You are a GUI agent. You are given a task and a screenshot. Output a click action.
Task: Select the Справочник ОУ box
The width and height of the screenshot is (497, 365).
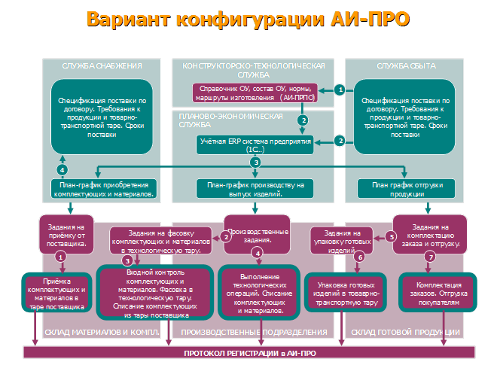[255, 93]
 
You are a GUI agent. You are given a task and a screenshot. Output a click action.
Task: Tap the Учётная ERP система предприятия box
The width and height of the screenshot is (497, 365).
[256, 144]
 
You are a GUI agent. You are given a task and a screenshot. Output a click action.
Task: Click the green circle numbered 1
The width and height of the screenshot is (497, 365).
[340, 90]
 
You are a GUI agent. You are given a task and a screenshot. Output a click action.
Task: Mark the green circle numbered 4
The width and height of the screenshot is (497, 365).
[62, 169]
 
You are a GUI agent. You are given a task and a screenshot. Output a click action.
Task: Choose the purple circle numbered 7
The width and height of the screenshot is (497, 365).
[431, 257]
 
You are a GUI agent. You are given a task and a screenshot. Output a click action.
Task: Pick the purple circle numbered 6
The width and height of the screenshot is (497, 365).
[359, 257]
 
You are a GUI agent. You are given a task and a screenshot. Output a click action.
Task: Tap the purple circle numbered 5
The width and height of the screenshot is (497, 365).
[392, 236]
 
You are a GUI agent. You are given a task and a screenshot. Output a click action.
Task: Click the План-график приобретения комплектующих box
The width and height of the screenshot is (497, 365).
[104, 189]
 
